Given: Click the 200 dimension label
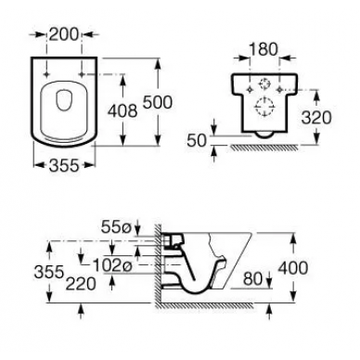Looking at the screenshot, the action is pyautogui.click(x=64, y=34).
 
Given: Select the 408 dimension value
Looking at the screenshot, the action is pyautogui.click(x=122, y=110).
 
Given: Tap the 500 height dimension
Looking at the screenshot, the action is pyautogui.click(x=157, y=102).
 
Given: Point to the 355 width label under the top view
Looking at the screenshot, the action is pyautogui.click(x=64, y=165).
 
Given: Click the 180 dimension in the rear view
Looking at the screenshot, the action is pyautogui.click(x=264, y=49).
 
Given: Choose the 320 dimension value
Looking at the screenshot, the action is pyautogui.click(x=316, y=118).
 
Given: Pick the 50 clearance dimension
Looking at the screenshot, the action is pyautogui.click(x=197, y=141).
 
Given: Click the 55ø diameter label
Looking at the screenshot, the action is pyautogui.click(x=116, y=228).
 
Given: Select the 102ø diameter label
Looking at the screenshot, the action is pyautogui.click(x=112, y=265).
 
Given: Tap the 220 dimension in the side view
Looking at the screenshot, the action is pyautogui.click(x=81, y=284).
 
